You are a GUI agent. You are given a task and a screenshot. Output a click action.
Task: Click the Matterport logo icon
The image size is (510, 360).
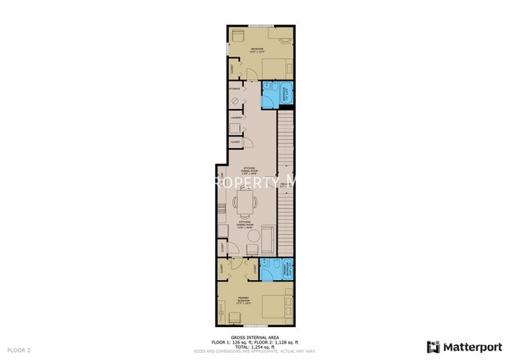pos(433,346)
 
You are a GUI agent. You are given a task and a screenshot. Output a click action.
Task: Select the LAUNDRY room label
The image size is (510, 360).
pos(235,118)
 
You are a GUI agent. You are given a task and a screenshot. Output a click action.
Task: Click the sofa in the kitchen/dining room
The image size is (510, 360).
pos(268,236)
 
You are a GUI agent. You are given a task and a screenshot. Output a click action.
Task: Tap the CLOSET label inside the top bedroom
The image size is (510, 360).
pos(232,70)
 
